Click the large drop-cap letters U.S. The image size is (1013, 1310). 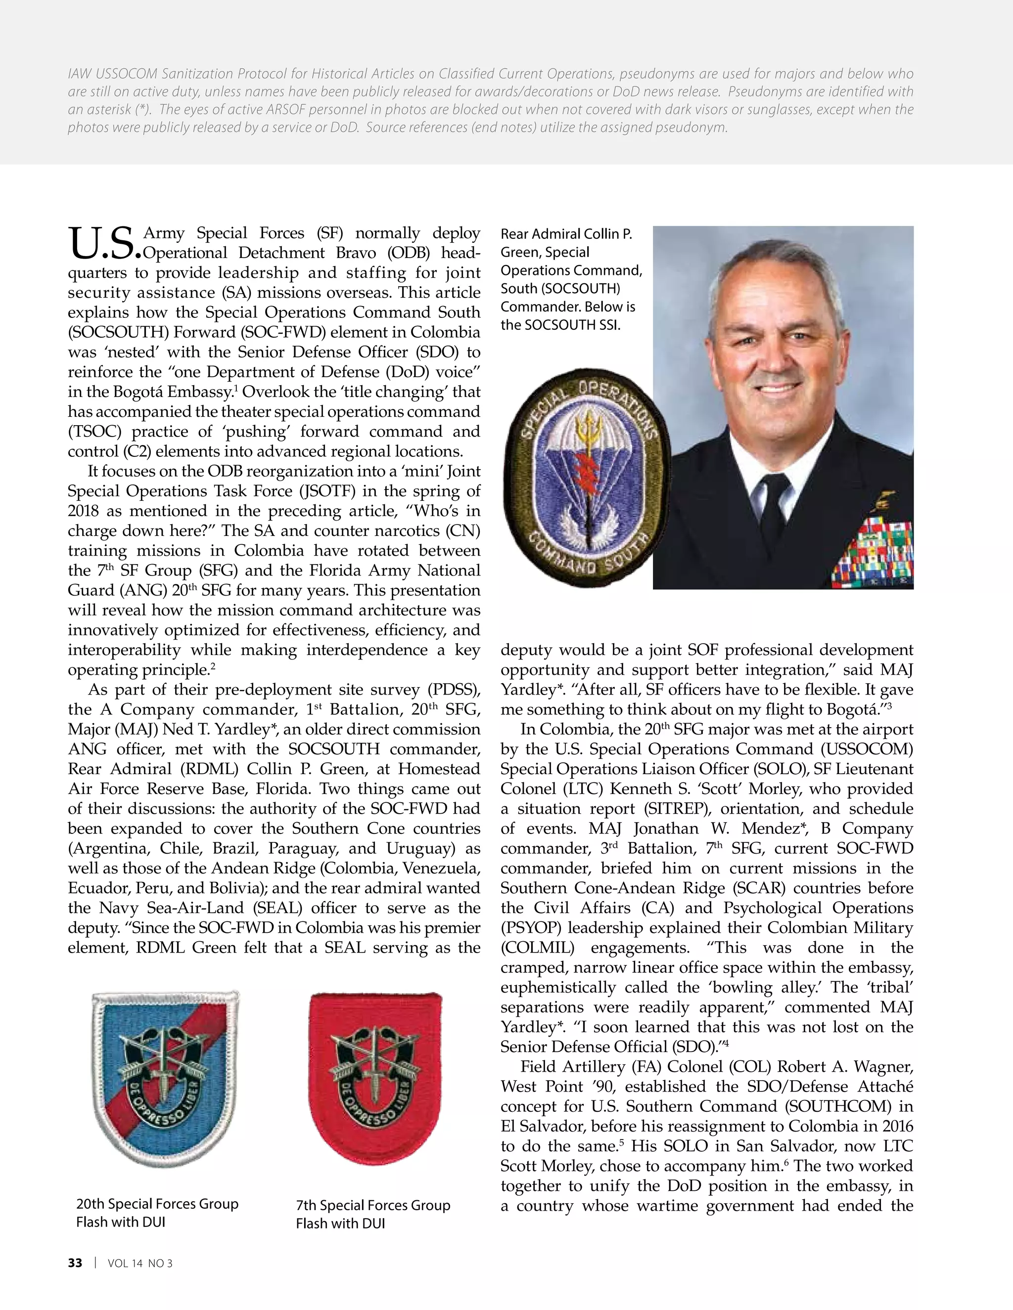[x=104, y=244]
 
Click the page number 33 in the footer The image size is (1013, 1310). [x=75, y=1263]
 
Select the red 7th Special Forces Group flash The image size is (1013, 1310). [x=374, y=1077]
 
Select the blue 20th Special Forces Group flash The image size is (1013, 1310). [x=165, y=1077]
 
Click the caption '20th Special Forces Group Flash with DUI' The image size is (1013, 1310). [x=157, y=1212]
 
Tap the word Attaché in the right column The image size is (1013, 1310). [x=886, y=1086]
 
